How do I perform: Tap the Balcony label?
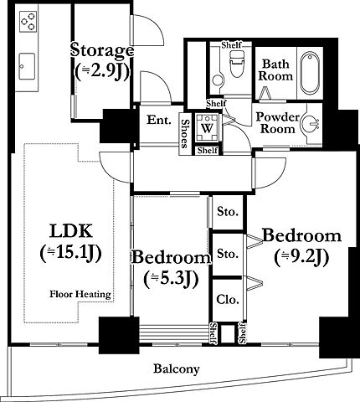point(177,369)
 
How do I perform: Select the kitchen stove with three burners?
point(28,22)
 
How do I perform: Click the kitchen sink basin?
point(27,66)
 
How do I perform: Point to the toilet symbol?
point(236,64)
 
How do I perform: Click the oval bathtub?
point(310,73)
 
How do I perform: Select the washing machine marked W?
point(207,128)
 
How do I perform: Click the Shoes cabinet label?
point(184,134)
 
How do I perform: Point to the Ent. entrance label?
point(159,120)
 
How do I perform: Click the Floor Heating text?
point(80,295)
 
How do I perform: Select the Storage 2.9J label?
point(102,60)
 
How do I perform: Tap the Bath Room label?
point(275,70)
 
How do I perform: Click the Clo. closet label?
point(228,300)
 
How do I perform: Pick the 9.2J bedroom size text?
point(301,257)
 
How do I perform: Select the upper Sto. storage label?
point(228,212)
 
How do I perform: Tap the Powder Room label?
point(278,123)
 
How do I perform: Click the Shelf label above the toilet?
point(231,44)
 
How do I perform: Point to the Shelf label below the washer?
point(208,151)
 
